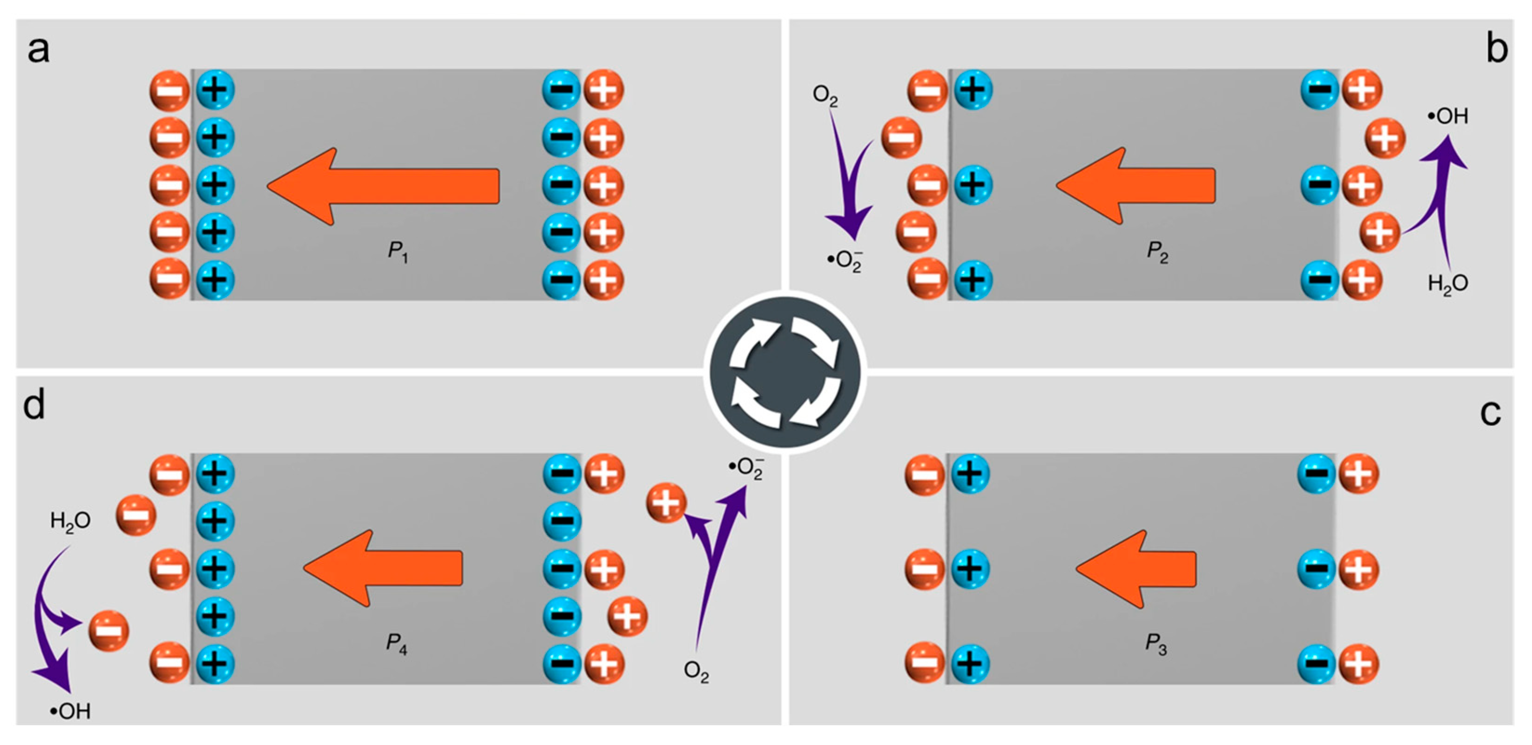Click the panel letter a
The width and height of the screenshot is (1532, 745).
point(39,49)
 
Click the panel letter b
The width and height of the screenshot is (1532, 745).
point(1496,49)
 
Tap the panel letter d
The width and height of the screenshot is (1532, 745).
point(34,406)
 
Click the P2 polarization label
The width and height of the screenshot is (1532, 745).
point(1157,252)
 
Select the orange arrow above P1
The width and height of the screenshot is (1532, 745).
point(384,186)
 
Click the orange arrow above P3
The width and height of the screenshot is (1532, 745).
point(1136,569)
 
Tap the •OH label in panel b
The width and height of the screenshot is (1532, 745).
point(1448,116)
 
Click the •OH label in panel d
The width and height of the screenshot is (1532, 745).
point(70,711)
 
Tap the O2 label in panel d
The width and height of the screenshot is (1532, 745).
point(696,672)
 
